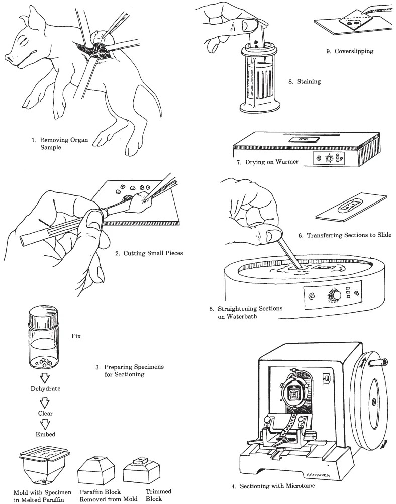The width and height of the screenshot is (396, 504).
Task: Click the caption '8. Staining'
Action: (305, 82)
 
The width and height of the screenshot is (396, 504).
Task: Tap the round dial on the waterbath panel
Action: (333, 295)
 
